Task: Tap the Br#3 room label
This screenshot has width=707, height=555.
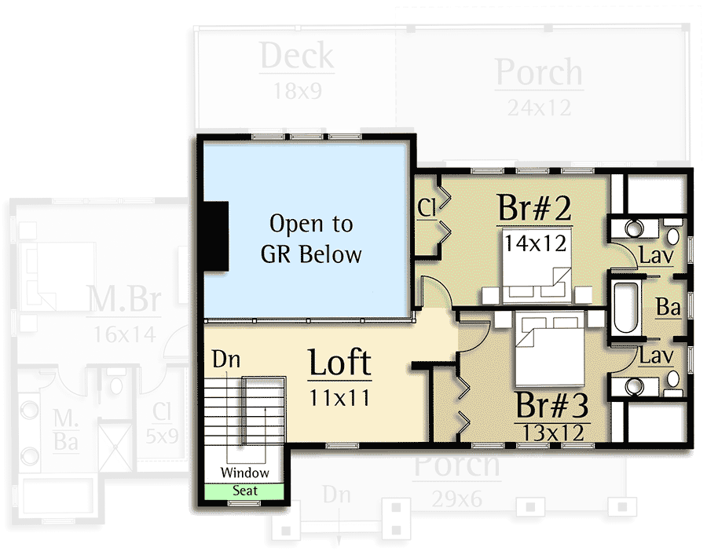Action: pyautogui.click(x=552, y=405)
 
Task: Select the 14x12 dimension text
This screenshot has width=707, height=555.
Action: pyautogui.click(x=536, y=243)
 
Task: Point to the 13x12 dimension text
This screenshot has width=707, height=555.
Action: pyautogui.click(x=552, y=432)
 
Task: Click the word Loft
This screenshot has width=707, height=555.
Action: pyautogui.click(x=339, y=363)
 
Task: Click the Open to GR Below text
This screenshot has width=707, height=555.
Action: pyautogui.click(x=311, y=239)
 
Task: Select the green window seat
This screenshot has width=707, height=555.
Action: pyautogui.click(x=244, y=491)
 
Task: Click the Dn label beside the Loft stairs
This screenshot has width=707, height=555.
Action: pyautogui.click(x=225, y=360)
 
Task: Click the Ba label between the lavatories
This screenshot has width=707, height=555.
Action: pyautogui.click(x=668, y=307)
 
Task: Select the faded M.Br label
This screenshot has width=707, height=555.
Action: pyautogui.click(x=124, y=300)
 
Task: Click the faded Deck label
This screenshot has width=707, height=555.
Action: pyautogui.click(x=297, y=57)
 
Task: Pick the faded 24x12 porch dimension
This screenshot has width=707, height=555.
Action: pyautogui.click(x=539, y=107)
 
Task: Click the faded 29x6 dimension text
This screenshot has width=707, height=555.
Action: pyautogui.click(x=456, y=498)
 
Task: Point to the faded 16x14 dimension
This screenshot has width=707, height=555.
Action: pyautogui.click(x=124, y=334)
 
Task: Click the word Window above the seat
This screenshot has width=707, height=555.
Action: pyautogui.click(x=244, y=473)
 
